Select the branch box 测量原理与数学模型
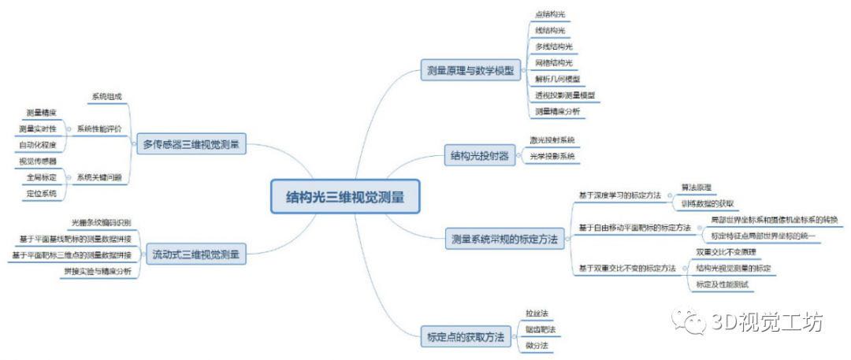pos(469,69)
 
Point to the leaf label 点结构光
pos(550,14)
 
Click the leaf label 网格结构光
pos(554,62)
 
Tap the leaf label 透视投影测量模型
pos(564,95)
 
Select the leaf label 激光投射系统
pos(552,139)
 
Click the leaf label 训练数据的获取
pos(708,203)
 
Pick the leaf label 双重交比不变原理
pos(726,251)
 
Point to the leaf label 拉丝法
pos(537,313)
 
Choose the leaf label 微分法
pos(537,345)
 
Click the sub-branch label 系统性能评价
pos(99,128)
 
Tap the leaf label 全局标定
pos(41,177)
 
